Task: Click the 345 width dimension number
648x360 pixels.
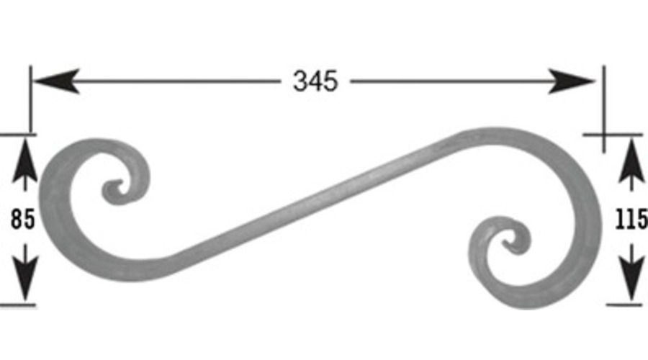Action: pos(315,81)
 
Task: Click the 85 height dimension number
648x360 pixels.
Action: pos(23,219)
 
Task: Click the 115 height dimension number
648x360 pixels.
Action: pos(631,218)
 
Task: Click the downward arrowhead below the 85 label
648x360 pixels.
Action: pos(25,284)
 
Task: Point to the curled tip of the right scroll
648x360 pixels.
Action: pos(513,246)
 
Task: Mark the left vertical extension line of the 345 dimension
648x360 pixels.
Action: pos(30,101)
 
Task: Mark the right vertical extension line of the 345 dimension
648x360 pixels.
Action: pos(603,108)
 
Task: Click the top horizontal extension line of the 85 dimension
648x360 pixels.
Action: pos(18,134)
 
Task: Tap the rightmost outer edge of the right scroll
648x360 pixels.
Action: pos(599,216)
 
